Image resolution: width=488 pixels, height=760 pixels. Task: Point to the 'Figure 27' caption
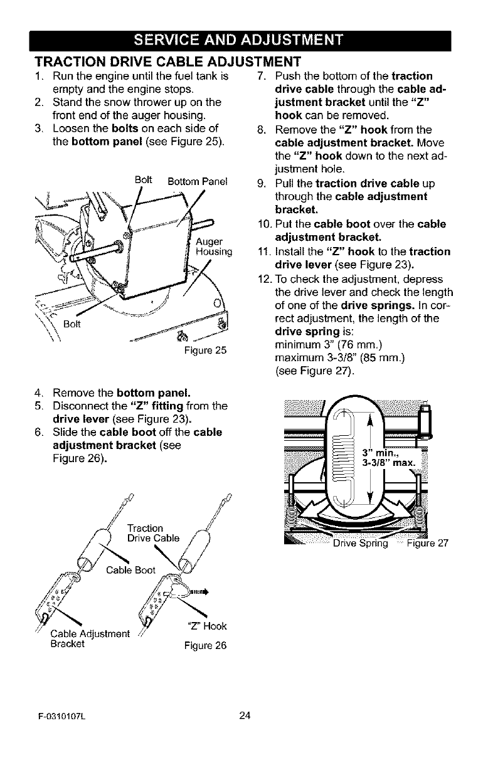[426, 543]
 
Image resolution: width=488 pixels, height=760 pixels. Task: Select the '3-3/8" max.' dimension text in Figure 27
[389, 463]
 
